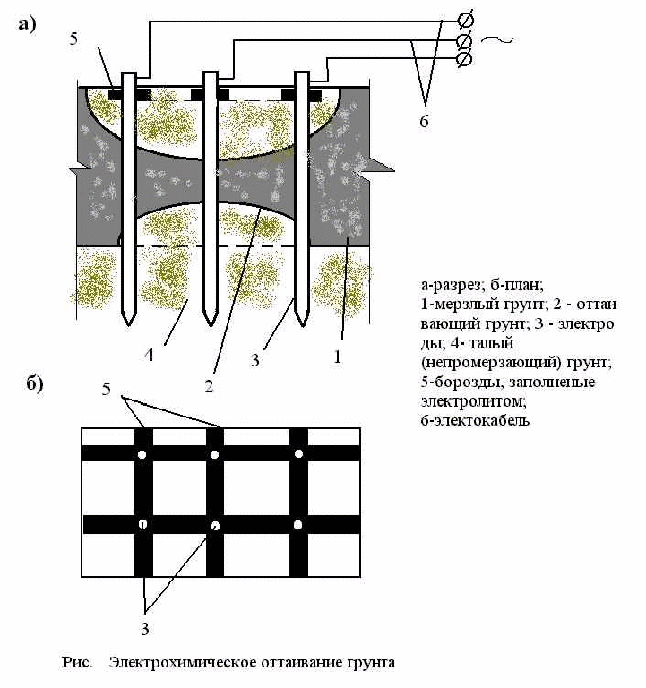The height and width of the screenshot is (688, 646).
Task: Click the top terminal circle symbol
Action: [x=466, y=20]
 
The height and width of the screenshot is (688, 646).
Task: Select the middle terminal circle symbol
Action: [x=466, y=40]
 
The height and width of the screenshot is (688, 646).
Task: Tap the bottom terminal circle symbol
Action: [x=466, y=58]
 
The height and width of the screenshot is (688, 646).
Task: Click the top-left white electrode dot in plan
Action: [x=142, y=455]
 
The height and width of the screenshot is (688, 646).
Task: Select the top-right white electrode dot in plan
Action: [x=297, y=455]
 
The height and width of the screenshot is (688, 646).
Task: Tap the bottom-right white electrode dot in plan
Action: [x=297, y=524]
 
